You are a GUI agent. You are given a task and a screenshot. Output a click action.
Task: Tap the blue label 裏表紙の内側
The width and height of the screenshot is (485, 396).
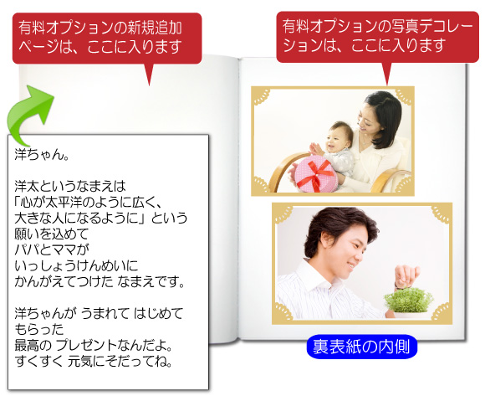(x=362, y=347)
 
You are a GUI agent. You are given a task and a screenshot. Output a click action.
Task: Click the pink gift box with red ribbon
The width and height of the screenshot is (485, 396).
(x=315, y=174)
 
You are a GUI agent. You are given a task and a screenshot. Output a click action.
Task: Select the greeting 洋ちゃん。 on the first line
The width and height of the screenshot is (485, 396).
(x=41, y=155)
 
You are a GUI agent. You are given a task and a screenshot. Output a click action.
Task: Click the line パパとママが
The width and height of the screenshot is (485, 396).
(x=52, y=249)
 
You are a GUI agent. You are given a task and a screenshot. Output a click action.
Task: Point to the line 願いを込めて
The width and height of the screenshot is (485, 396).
(x=52, y=234)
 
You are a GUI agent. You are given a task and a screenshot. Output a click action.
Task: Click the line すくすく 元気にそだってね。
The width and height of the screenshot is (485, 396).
(x=94, y=361)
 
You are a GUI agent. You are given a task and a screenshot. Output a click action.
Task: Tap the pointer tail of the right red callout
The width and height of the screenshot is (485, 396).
(x=386, y=74)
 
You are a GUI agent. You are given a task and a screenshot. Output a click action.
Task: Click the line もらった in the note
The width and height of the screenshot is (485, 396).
(x=39, y=329)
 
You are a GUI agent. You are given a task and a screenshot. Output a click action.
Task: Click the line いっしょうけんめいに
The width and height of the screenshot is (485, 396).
(x=76, y=265)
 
